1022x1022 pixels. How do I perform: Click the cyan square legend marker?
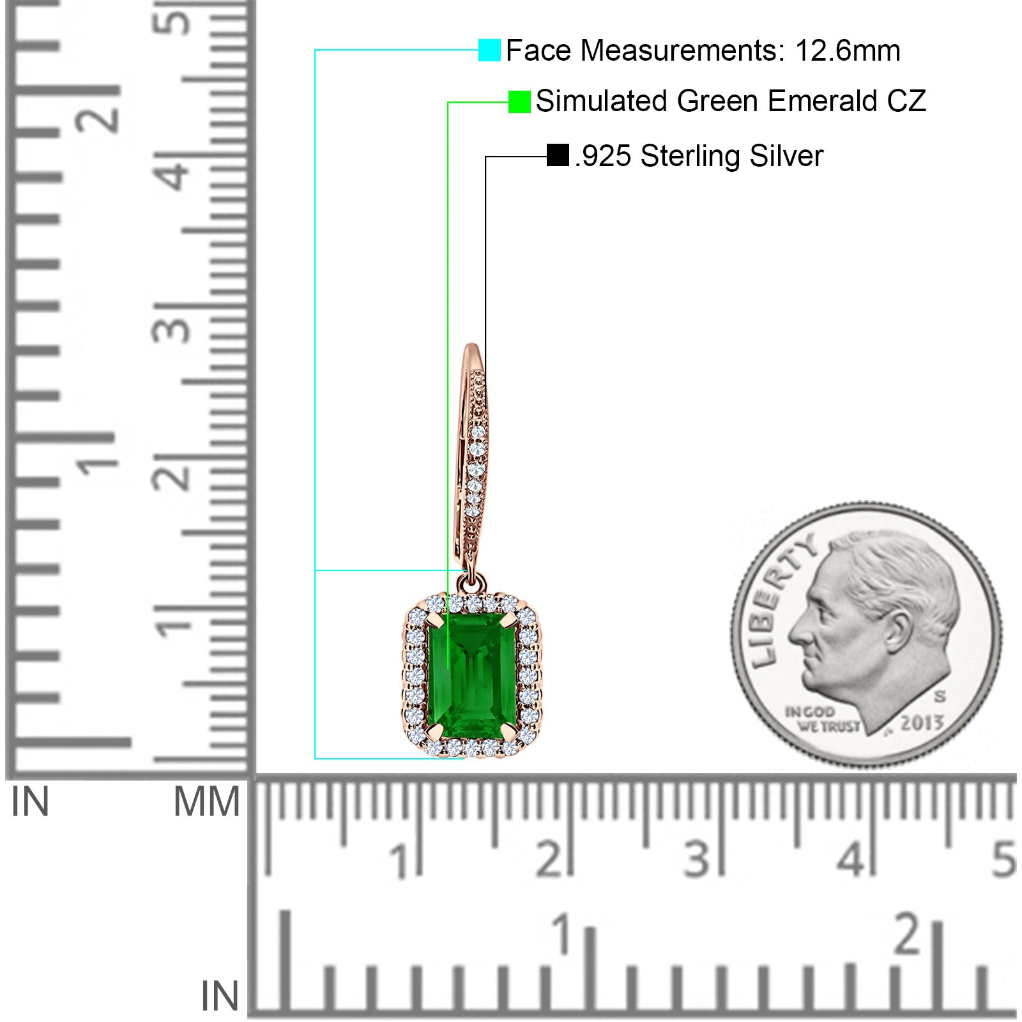[x=489, y=50]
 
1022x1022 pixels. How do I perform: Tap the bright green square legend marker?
[x=519, y=102]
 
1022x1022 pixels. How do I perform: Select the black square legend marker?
[x=558, y=155]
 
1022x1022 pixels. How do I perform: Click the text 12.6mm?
[x=848, y=50]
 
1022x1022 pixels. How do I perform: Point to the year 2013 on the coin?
[x=922, y=723]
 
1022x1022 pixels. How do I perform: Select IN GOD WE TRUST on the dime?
[x=822, y=719]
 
